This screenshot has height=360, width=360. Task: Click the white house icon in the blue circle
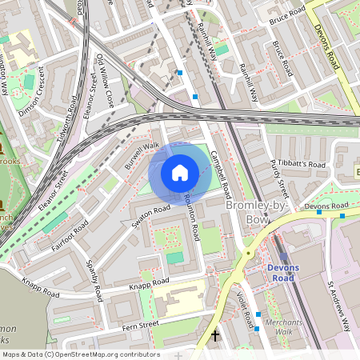tap(180, 172)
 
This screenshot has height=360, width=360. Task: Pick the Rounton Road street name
tap(192, 218)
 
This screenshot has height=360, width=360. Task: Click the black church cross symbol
tap(214, 336)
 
